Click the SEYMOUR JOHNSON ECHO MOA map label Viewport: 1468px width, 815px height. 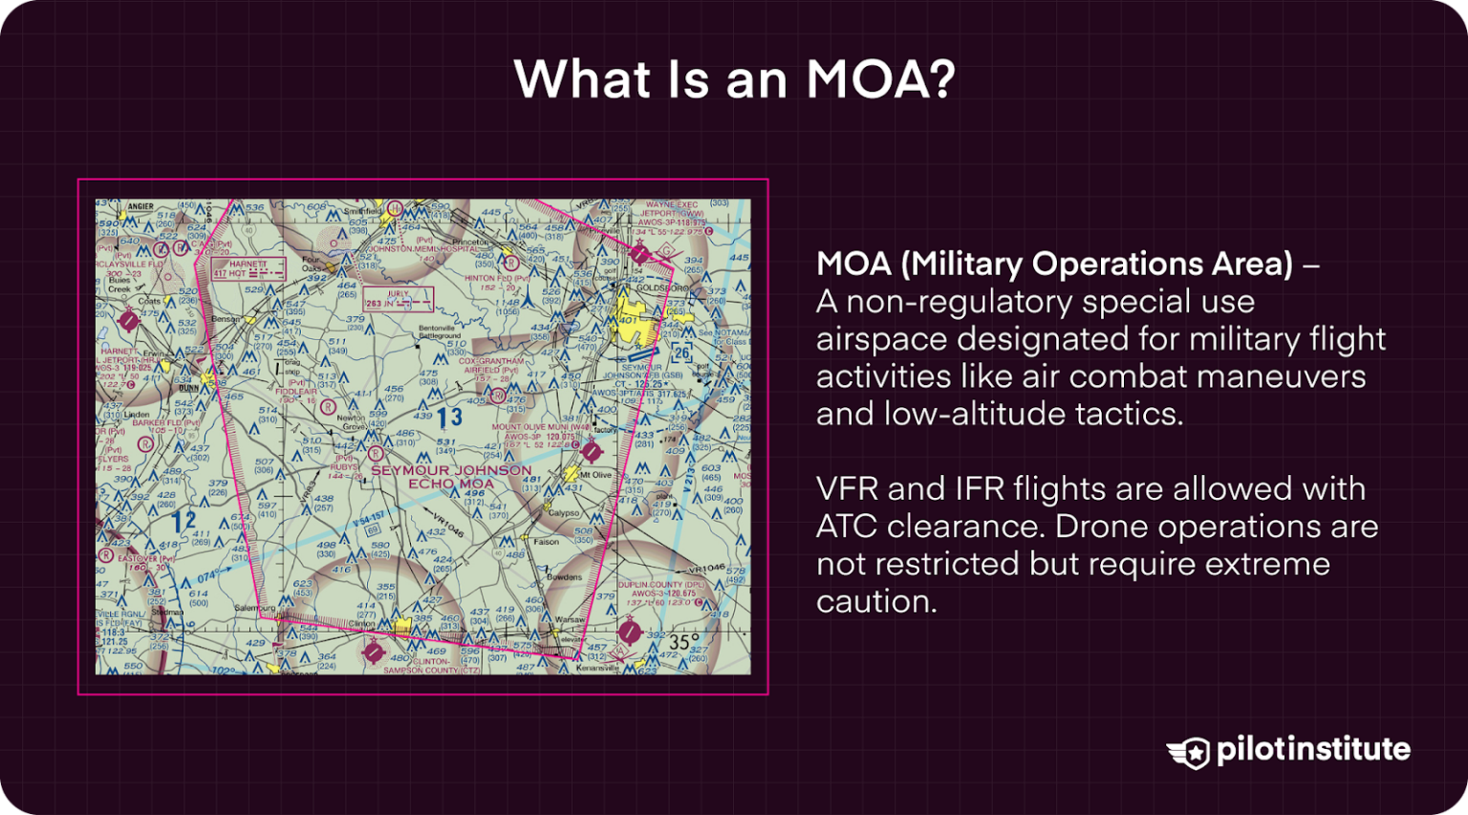[x=451, y=477]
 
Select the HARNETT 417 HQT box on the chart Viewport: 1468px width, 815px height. [x=248, y=268]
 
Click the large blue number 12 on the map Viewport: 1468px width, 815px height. [x=183, y=522]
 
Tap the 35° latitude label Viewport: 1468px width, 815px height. [x=683, y=641]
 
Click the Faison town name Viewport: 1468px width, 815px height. [x=546, y=542]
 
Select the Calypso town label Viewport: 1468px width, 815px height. [x=563, y=513]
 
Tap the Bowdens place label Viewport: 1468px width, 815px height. [x=564, y=577]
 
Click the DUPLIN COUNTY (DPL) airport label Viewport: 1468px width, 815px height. [x=663, y=584]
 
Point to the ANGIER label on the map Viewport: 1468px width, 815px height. [x=140, y=206]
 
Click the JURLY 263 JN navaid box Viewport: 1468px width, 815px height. [x=398, y=299]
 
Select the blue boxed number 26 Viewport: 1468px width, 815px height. [x=681, y=353]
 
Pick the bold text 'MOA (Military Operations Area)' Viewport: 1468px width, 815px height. [x=1054, y=264]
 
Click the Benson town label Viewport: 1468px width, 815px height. [x=226, y=319]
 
